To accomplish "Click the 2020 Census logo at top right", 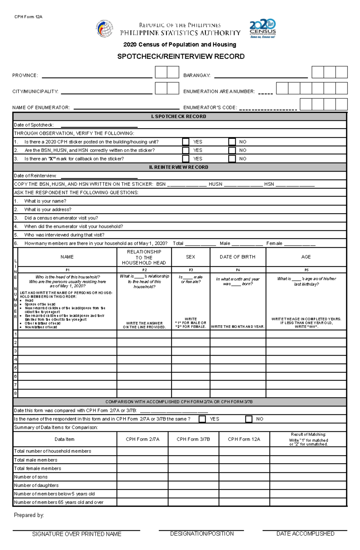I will pos(263,29).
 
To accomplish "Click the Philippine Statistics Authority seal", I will pos(104,29).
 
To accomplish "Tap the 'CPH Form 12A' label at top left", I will pos(28,17).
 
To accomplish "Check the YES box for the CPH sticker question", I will pos(186,142).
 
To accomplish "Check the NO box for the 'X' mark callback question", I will pos(232,159).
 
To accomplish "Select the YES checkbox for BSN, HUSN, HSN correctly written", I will pos(186,150).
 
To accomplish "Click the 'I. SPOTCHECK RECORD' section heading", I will pos(180,116).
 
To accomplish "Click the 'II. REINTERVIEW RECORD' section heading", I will pos(180,167).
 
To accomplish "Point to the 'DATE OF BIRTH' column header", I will pos(237,257).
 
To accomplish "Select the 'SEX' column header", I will pos(190,257).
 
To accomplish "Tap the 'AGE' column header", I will pos(306,257).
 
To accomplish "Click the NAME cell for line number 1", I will pos(67,334).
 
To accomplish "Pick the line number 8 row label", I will pos(16,393).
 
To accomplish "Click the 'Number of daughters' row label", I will pos(36,485).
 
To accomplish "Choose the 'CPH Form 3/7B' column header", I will pos(193,439).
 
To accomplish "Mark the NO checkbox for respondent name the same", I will pos(249,419).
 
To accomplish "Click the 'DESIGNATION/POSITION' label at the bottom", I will pos(202,534).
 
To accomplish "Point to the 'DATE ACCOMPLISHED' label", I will pos(305,534).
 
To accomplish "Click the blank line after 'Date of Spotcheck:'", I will pos(99,126).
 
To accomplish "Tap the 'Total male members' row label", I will pos(36,460).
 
